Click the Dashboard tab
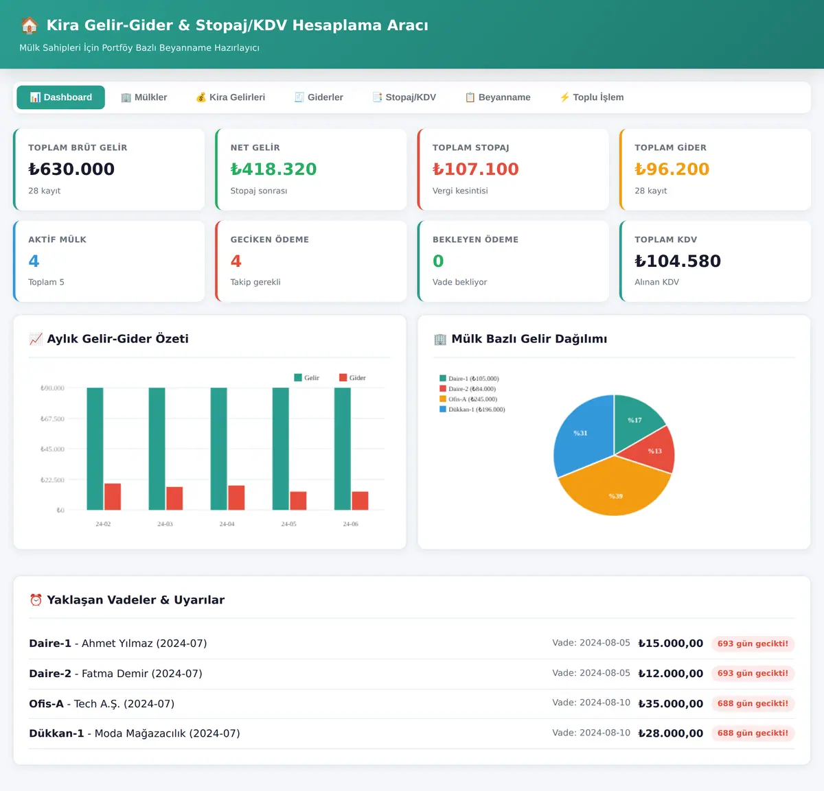click(60, 97)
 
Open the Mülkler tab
click(144, 97)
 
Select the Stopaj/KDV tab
click(404, 97)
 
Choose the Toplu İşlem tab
click(591, 97)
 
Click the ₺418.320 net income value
click(273, 169)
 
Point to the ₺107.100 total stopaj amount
click(475, 169)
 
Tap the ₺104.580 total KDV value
click(678, 261)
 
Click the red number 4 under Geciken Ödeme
click(236, 261)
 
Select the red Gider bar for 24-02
click(113, 497)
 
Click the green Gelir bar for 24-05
click(281, 449)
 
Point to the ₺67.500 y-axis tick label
click(52, 418)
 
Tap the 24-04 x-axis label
click(227, 523)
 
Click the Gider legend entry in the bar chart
click(352, 378)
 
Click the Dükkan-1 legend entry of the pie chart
click(472, 410)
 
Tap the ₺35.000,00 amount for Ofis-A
click(670, 703)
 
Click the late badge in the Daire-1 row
click(753, 644)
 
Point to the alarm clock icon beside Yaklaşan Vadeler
click(36, 600)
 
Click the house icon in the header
click(30, 25)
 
